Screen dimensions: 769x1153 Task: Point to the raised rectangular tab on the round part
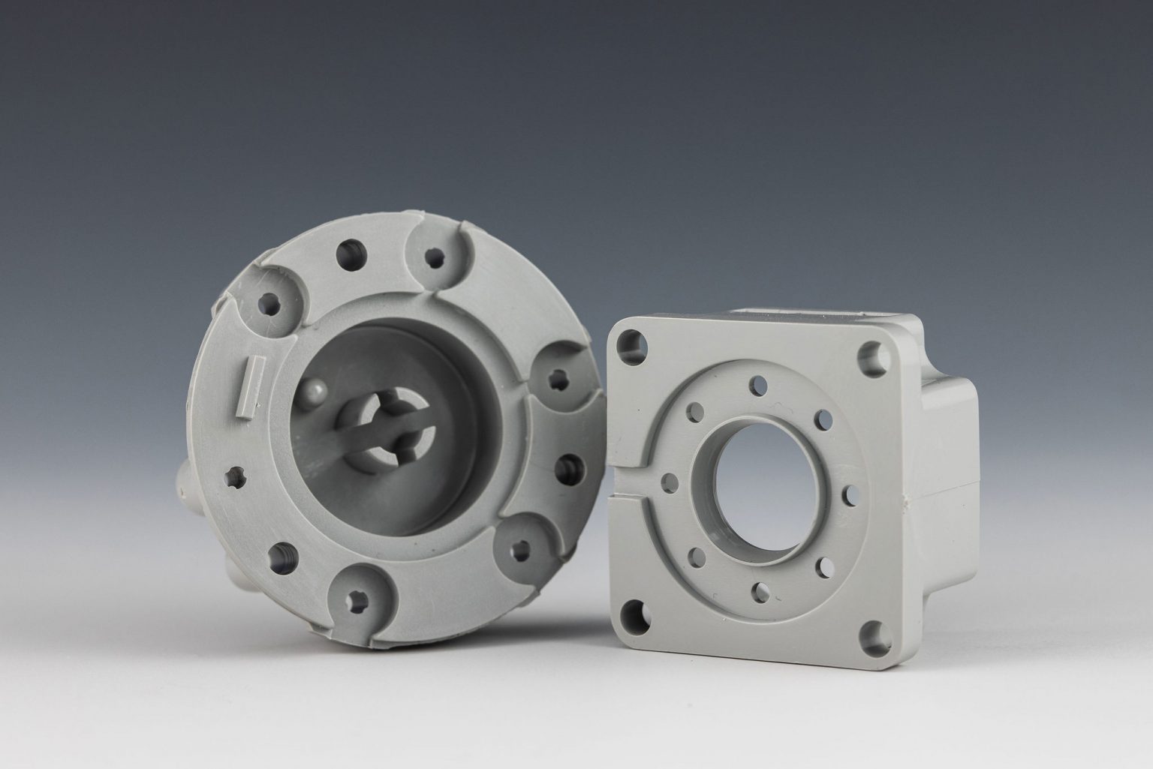click(248, 383)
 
